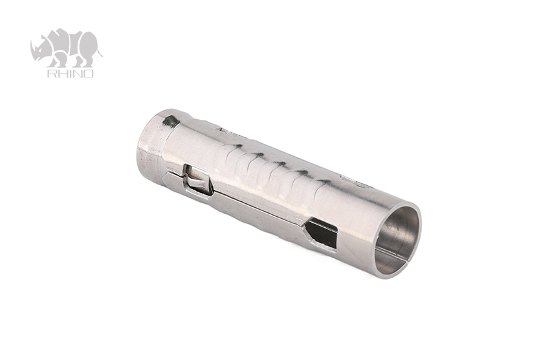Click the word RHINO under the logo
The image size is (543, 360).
point(70,73)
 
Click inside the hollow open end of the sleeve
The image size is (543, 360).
point(397,238)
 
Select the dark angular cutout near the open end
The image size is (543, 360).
point(321,232)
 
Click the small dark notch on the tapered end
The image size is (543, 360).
point(170,120)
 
